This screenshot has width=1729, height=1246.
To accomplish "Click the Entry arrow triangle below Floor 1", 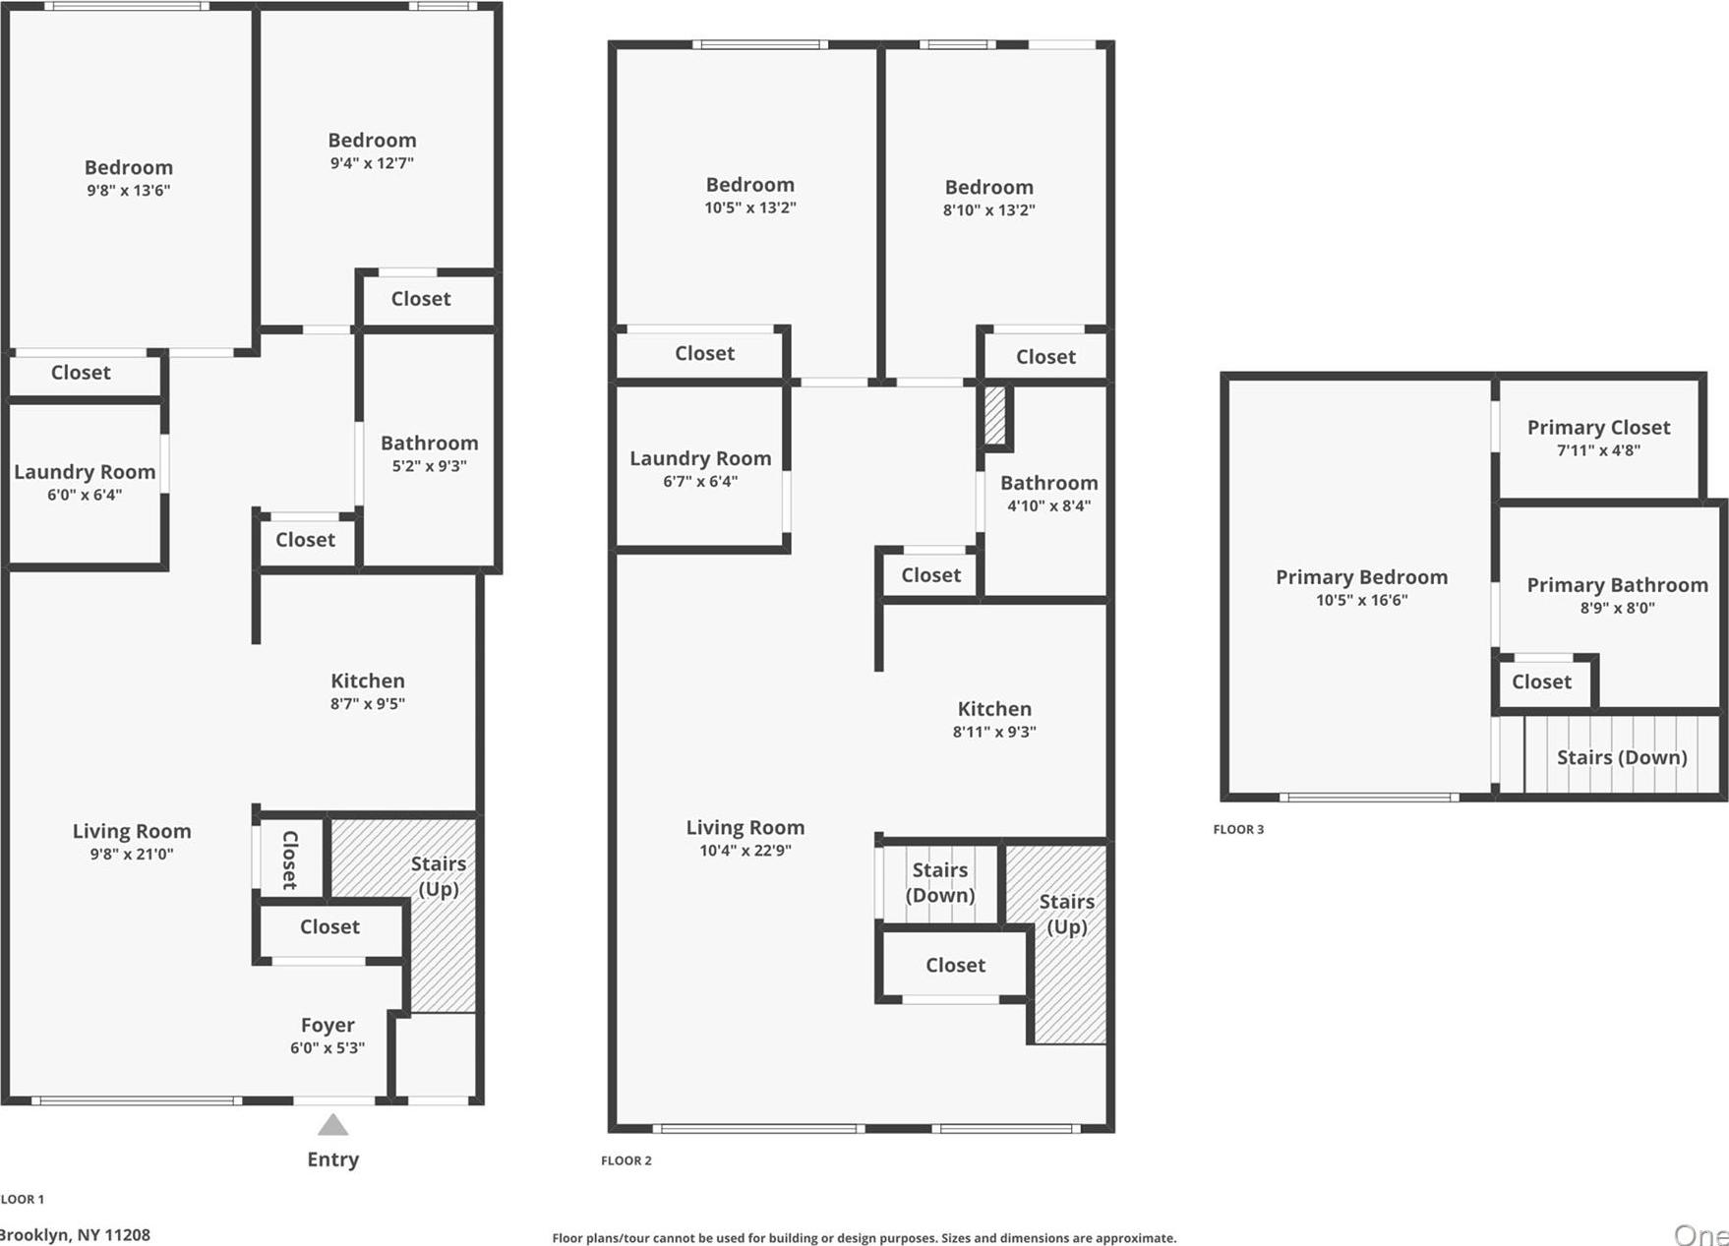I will [332, 1125].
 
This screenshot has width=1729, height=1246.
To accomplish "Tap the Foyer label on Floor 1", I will [328, 1025].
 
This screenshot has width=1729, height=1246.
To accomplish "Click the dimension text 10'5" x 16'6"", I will [1361, 600].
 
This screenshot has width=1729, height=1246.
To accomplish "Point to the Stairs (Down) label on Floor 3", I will [1621, 757].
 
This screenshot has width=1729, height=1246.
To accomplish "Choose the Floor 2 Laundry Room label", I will [699, 458].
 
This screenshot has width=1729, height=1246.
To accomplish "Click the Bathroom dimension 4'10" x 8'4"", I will [1048, 505].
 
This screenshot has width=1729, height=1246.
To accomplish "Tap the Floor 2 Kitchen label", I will [994, 708].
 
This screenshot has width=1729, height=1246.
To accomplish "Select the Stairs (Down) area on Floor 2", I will [939, 882].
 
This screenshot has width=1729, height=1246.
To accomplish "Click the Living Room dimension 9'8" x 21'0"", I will [132, 854].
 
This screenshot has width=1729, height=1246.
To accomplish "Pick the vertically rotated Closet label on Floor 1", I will [290, 860].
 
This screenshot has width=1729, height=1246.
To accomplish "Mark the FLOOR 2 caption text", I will [626, 1160].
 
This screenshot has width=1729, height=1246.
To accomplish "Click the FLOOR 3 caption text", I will [1238, 829].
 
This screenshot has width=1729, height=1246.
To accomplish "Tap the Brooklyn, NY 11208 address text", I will [75, 1234].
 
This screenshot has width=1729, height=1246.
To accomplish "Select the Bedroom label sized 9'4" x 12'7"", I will [372, 141].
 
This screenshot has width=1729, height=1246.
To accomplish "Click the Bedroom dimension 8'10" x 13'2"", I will [988, 209].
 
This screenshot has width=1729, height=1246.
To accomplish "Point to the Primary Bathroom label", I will [1617, 585].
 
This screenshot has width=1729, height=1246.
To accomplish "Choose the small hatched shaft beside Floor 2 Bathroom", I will [995, 415].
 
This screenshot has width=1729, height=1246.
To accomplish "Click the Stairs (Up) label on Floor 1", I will [438, 875].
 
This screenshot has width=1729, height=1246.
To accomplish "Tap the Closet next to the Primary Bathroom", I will [1541, 682].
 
